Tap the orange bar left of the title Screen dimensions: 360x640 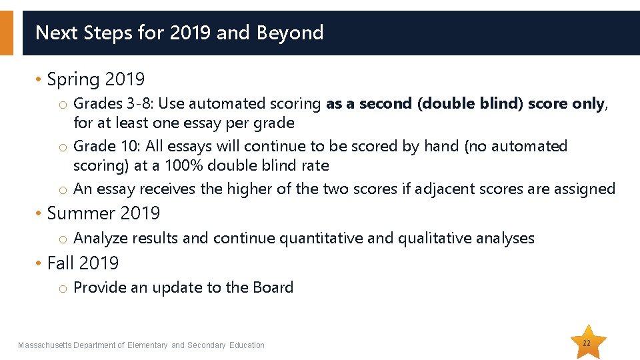tap(6, 33)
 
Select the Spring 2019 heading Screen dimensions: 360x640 tap(95, 80)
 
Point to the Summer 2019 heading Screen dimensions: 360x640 tap(103, 213)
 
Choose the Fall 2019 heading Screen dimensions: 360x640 tap(83, 263)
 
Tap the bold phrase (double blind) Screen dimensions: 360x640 tap(471, 104)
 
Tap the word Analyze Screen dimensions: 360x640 tap(100, 239)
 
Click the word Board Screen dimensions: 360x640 tap(273, 288)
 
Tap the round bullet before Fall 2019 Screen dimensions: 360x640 tap(39, 264)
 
